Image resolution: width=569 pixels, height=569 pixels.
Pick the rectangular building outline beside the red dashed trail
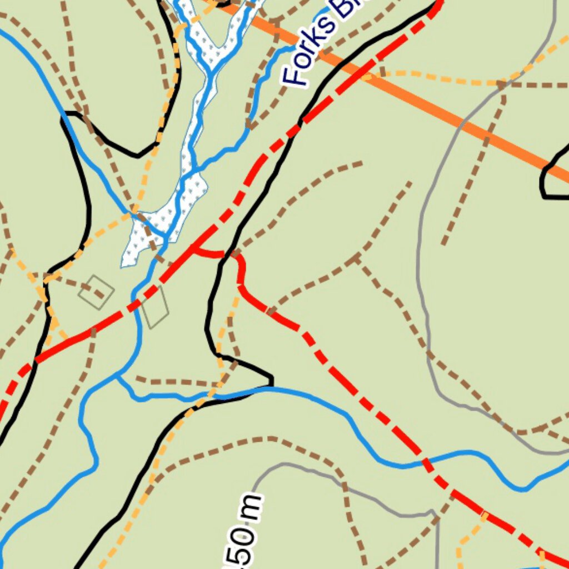(x=155, y=307)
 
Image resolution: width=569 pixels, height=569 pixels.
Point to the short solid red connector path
(x=214, y=253)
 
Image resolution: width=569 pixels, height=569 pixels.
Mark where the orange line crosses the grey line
(x=462, y=122)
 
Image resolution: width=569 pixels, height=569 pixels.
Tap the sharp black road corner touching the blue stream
(x=271, y=383)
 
